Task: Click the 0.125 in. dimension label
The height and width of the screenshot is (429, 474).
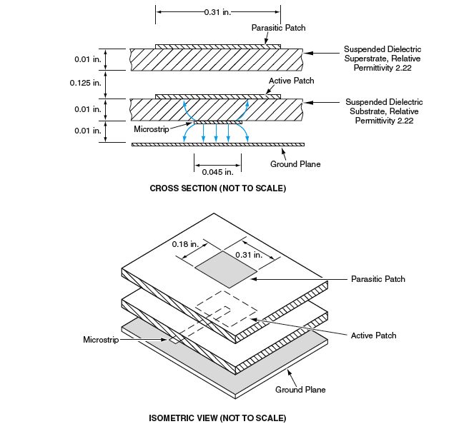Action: [x=87, y=83]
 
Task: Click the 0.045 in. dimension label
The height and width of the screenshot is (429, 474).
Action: [x=217, y=172]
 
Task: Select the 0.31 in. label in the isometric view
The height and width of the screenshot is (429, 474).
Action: [x=248, y=254]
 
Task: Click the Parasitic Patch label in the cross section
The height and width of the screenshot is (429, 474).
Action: [x=279, y=28]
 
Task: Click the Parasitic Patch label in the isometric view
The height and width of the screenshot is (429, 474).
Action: [x=377, y=278]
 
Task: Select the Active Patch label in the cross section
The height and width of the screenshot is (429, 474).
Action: [x=292, y=81]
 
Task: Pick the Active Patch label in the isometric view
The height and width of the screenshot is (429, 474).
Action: [x=373, y=335]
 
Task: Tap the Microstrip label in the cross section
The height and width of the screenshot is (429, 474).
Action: [x=151, y=128]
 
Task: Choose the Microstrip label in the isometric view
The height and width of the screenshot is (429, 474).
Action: [x=100, y=339]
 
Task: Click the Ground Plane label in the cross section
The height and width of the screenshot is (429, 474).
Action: [x=295, y=164]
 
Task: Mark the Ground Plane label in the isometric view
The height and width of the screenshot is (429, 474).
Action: [x=300, y=390]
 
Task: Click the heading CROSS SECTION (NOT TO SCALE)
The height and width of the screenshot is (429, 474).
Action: [x=217, y=188]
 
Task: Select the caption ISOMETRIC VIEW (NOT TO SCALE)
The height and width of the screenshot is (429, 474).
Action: [x=217, y=418]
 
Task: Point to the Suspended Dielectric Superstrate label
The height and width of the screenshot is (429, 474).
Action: [x=382, y=59]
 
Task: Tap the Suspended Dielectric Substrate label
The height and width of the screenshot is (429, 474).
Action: [x=383, y=112]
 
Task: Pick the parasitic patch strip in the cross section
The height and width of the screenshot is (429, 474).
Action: [x=217, y=46]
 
